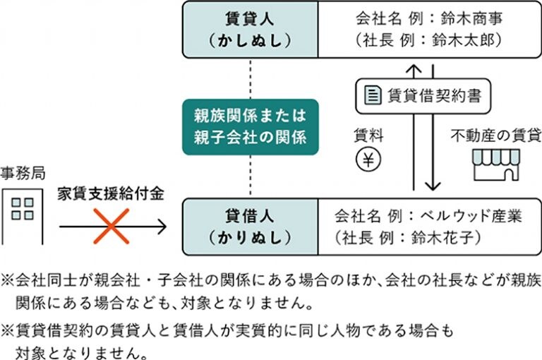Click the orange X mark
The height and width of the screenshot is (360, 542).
pos(112,226)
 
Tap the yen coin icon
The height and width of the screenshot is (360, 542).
pos(368,160)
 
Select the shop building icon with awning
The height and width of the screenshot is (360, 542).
pos(496,164)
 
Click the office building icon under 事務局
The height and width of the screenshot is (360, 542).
pos(23,217)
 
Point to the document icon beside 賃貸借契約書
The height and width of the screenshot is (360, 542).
pos(373,95)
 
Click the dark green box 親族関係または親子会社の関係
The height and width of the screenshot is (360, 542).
pos(251,127)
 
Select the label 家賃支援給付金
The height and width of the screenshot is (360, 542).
pos(111,193)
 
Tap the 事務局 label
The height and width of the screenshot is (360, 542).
pos(23,173)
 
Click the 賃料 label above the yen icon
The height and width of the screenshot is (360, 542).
pos(368,136)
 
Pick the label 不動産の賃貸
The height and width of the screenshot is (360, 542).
pos(496,136)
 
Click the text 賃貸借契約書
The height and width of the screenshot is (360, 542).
pos(434,95)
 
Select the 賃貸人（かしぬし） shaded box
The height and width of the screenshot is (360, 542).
pos(251,30)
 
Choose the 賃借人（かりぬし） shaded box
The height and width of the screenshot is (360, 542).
pos(251,227)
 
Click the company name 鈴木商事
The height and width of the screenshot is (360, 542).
pos(471,18)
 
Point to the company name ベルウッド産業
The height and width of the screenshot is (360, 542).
pos(471,216)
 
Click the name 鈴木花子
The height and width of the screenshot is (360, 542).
pos(442,238)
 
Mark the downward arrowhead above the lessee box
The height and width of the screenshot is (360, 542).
pos(433,186)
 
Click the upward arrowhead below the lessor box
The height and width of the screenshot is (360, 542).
pos(414,68)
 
